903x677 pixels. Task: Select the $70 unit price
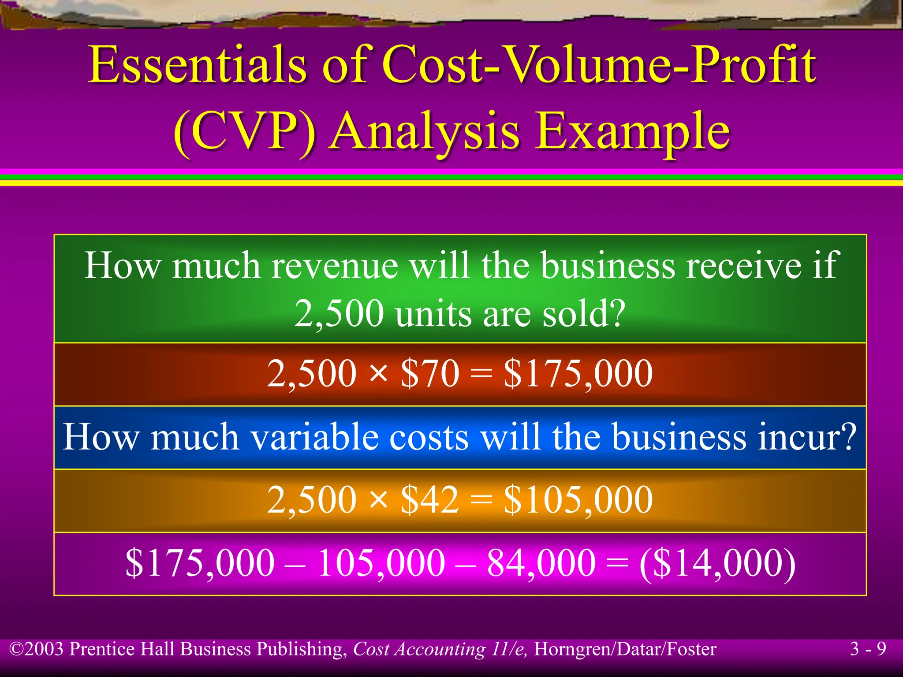coord(430,374)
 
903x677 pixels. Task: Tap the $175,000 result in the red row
coord(578,374)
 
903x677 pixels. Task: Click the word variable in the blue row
coord(315,437)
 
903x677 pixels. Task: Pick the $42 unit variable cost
coord(430,500)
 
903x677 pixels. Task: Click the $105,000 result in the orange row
coord(578,500)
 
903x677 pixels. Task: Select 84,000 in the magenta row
coord(541,563)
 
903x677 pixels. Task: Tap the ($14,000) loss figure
coord(717,563)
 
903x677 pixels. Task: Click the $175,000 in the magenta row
coord(200,563)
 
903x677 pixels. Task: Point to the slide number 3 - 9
coord(868,649)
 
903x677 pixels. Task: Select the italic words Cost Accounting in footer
coord(419,649)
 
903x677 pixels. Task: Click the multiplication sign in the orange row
coord(378,501)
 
